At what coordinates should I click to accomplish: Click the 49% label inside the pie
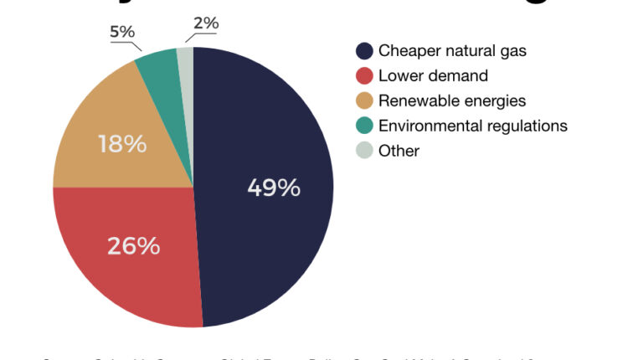coord(274,188)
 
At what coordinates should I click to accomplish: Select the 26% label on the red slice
coord(133,246)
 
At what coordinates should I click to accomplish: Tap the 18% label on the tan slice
coord(121,143)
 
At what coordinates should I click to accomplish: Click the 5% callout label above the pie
coord(122,32)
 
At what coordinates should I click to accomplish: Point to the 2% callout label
coord(205,23)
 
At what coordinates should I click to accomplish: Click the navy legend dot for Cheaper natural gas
coord(364,51)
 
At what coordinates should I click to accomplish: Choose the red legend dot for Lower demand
coord(364,76)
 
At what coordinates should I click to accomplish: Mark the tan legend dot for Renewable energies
coord(364,101)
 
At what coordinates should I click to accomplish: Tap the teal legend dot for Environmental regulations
coord(364,126)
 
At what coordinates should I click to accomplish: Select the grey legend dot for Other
coord(364,152)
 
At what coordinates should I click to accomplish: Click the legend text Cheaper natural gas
coord(452,51)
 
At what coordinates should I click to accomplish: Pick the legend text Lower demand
coord(433,76)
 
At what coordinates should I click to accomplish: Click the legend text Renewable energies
coord(452,101)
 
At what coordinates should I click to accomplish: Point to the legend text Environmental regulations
coord(473,126)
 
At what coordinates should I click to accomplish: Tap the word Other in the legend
coord(399,152)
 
